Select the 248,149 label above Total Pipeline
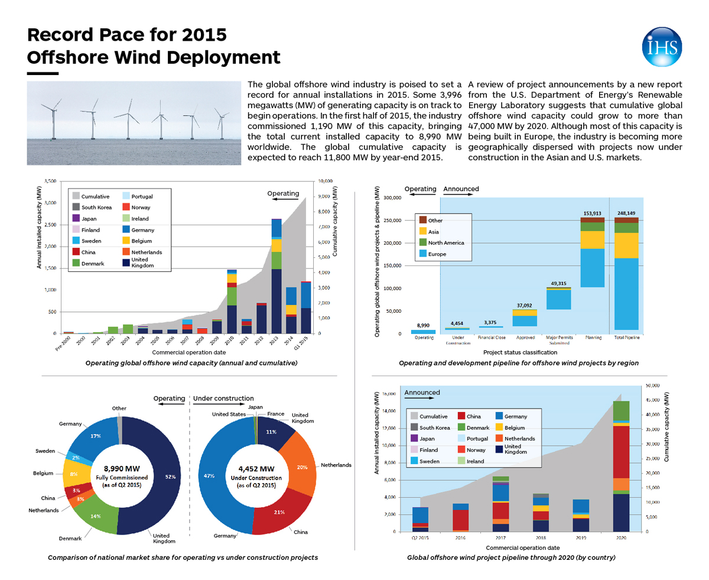pyautogui.click(x=626, y=213)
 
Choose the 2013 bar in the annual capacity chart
pyautogui.click(x=277, y=276)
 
